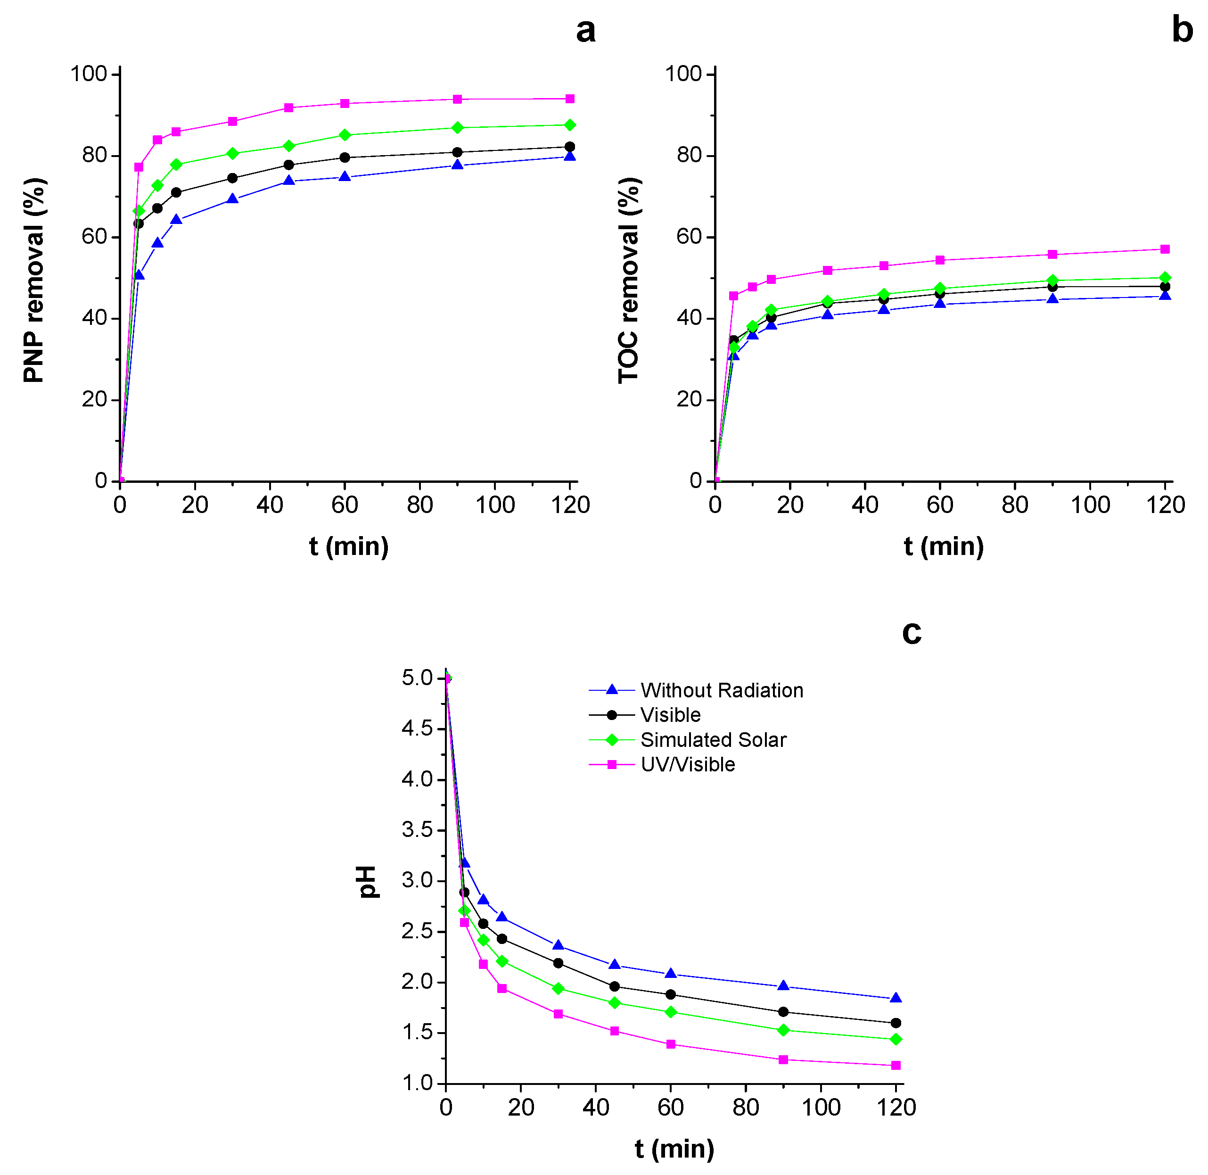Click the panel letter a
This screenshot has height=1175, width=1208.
tap(585, 31)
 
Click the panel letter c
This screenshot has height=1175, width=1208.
tap(911, 633)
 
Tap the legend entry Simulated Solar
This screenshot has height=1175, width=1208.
tap(713, 739)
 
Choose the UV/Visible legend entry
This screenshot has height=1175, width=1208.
tap(687, 765)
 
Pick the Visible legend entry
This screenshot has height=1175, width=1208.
tap(670, 715)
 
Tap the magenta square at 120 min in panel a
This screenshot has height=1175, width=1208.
tap(570, 99)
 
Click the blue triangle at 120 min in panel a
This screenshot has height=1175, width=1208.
tap(570, 157)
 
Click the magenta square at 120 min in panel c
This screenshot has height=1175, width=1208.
tap(896, 1065)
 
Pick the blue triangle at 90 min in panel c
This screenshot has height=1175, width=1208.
tap(783, 986)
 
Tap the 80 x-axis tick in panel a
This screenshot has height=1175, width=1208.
tap(419, 505)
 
